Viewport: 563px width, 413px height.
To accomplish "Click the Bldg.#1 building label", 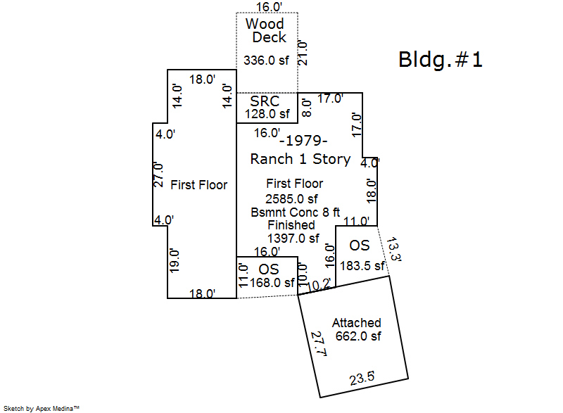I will point(441,60).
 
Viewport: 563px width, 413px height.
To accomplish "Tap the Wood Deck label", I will point(265,30).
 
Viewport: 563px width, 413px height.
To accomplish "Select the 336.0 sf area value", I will point(266,61).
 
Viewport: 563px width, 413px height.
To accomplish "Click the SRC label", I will point(265,101).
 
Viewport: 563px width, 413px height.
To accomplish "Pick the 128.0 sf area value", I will point(267,114).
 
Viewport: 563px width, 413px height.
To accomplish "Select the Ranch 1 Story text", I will point(300,159).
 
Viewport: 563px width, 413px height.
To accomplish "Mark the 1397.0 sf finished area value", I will point(293,239).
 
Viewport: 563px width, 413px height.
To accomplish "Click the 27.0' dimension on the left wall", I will point(159,175).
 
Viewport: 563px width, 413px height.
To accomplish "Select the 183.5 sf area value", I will point(362,266).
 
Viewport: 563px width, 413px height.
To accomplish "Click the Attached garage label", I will point(357,323).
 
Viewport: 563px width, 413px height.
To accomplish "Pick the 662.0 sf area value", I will point(358,336).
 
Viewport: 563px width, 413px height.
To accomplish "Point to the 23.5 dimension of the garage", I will point(362,378).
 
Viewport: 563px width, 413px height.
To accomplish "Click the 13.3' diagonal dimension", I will point(393,250).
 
